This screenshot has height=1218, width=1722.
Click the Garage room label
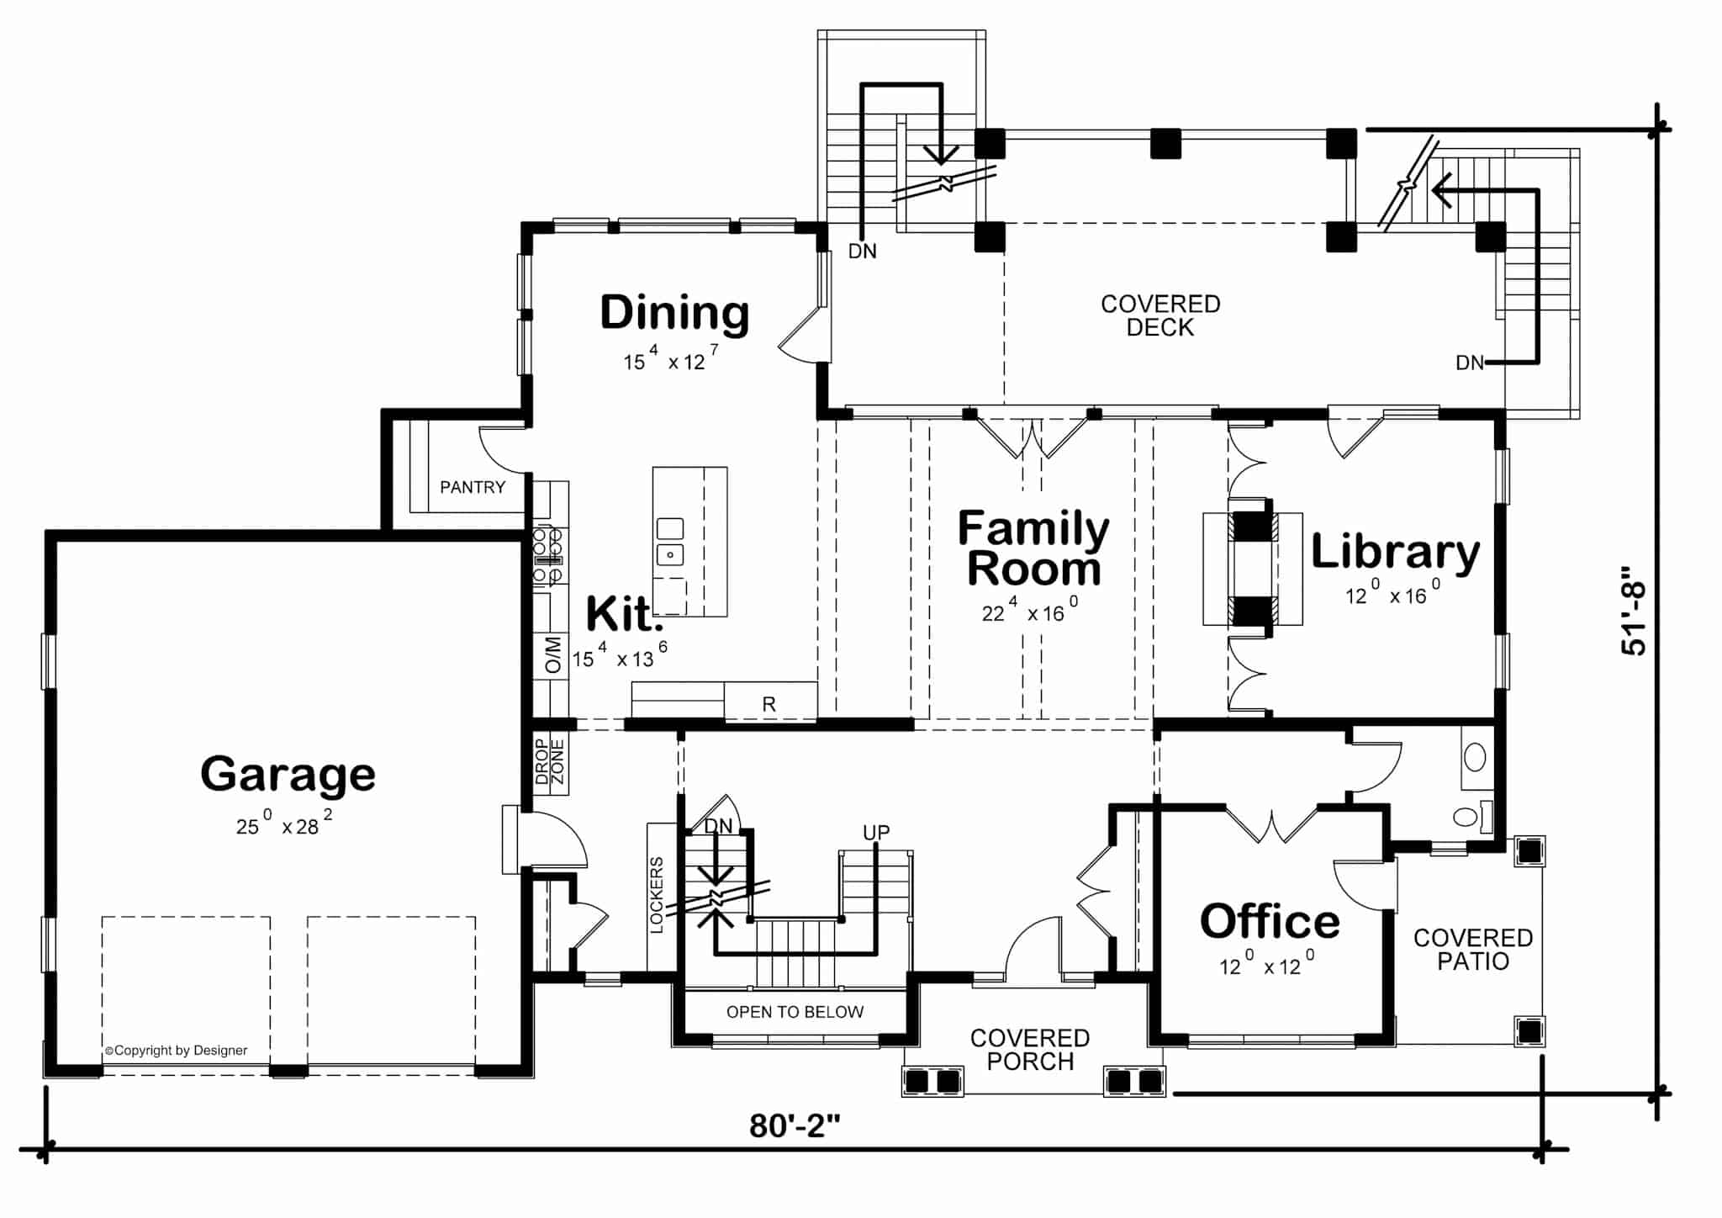point(288,775)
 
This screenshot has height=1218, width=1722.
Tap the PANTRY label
point(473,487)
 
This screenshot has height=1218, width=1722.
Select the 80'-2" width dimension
point(795,1125)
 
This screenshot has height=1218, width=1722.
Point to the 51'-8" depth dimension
point(1635,610)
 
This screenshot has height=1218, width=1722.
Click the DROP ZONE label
point(550,762)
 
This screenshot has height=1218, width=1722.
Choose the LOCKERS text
point(657,895)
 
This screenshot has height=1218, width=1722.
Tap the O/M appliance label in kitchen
point(552,655)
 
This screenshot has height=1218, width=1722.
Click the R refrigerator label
point(769,705)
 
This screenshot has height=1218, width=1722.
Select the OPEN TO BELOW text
point(795,1012)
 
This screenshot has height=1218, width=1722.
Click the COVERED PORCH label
point(1030,1050)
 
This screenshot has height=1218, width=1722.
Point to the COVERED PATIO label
point(1472,950)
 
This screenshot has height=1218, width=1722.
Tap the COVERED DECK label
point(1160,315)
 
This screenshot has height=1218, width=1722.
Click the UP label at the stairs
point(875,833)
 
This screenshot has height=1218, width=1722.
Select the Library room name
point(1395,553)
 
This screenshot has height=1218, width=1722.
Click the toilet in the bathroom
point(1466,816)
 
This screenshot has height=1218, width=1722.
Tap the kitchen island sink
point(670,542)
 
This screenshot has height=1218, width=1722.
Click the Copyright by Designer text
point(177,1051)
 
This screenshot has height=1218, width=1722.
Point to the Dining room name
point(674,313)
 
